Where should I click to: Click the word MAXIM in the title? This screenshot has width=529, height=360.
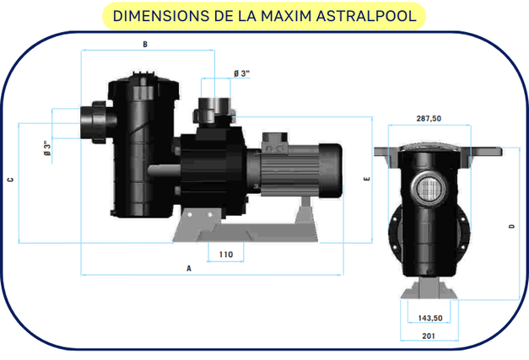click(x=286, y=15)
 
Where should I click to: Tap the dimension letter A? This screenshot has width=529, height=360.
click(x=190, y=267)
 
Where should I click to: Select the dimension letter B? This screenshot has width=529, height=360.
click(x=145, y=44)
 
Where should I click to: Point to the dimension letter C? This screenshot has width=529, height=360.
click(x=8, y=180)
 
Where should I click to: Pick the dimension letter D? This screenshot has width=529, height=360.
click(x=512, y=226)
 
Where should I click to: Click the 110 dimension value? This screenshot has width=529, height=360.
click(x=225, y=253)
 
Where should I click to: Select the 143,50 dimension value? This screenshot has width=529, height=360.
click(x=430, y=318)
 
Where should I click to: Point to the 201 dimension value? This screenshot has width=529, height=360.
click(x=430, y=336)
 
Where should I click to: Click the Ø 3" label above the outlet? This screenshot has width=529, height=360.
click(x=240, y=74)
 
